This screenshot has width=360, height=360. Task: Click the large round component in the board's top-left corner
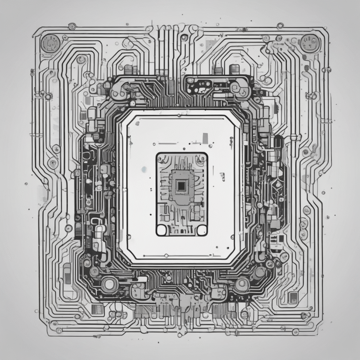(50, 44)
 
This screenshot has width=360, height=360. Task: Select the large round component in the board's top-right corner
(309, 44)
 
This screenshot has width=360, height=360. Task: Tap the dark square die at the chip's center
(181, 186)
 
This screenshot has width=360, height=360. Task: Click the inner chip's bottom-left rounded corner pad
(162, 229)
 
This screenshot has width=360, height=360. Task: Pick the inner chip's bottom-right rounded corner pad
(202, 229)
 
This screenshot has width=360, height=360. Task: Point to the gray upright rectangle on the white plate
(205, 137)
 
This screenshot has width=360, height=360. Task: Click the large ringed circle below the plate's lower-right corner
(242, 283)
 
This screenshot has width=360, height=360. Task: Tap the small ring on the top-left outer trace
(72, 26)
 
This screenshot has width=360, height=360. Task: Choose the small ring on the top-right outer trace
(280, 26)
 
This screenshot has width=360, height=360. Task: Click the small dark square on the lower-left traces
(97, 309)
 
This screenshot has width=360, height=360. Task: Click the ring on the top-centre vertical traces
(184, 37)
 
